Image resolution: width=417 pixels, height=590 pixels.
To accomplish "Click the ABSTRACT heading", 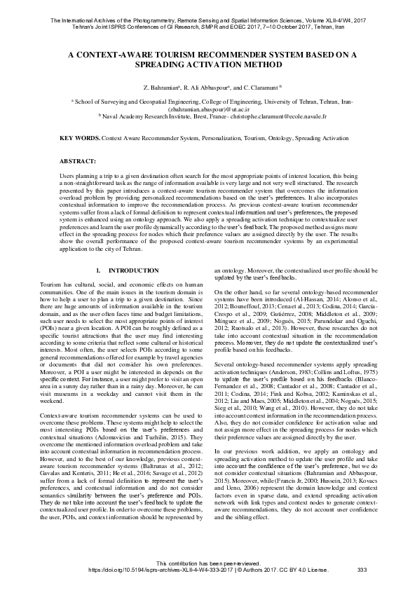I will coord(78,161).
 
